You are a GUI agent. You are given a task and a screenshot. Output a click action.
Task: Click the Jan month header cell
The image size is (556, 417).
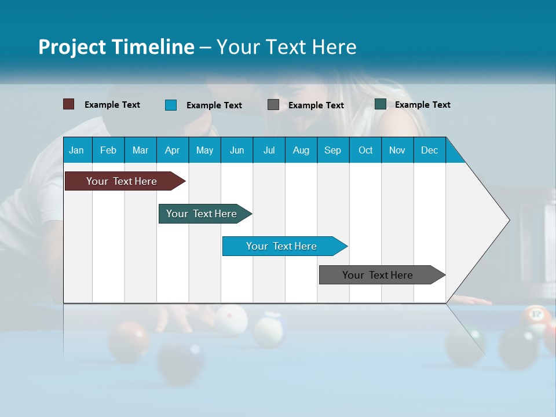pos(77,150)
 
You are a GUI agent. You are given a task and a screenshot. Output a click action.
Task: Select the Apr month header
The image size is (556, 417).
pos(173,150)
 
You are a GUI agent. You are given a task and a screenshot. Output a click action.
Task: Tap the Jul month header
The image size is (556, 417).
pos(269,150)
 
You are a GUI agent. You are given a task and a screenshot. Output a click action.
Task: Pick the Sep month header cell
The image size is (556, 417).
pos(332,150)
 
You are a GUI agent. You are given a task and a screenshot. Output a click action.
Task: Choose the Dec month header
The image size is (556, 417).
pos(429,150)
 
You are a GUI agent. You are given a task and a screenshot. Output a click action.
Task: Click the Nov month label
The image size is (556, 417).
pos(397,150)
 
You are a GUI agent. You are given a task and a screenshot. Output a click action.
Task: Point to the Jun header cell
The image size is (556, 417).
pos(237,150)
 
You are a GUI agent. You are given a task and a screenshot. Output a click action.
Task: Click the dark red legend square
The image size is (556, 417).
pos(68,104)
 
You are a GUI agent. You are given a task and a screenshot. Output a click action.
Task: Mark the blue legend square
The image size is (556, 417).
pos(171,105)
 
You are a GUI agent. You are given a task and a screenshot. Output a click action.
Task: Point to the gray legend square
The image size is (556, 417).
pos(273,105)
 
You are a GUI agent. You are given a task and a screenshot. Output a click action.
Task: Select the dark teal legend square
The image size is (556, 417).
pos(381,104)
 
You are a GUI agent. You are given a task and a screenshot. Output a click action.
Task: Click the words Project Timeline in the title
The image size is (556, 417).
pos(116,47)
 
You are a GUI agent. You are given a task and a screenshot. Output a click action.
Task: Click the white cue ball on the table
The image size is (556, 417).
pos(231,320)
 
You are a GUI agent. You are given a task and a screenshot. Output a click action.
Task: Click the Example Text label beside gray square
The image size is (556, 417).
pos(316,105)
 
